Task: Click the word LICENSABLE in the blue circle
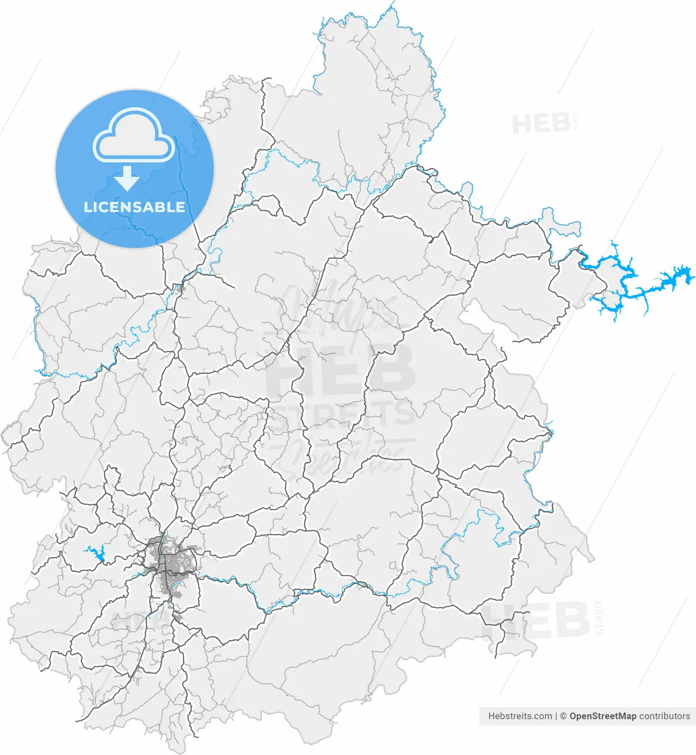click(x=134, y=207)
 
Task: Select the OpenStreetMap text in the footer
click(x=603, y=716)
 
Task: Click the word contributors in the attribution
click(x=665, y=716)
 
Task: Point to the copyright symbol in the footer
click(x=563, y=716)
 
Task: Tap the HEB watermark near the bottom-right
click(x=537, y=621)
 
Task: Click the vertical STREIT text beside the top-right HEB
click(x=576, y=121)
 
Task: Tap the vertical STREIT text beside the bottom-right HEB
click(x=599, y=616)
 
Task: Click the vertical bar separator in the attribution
click(x=556, y=716)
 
